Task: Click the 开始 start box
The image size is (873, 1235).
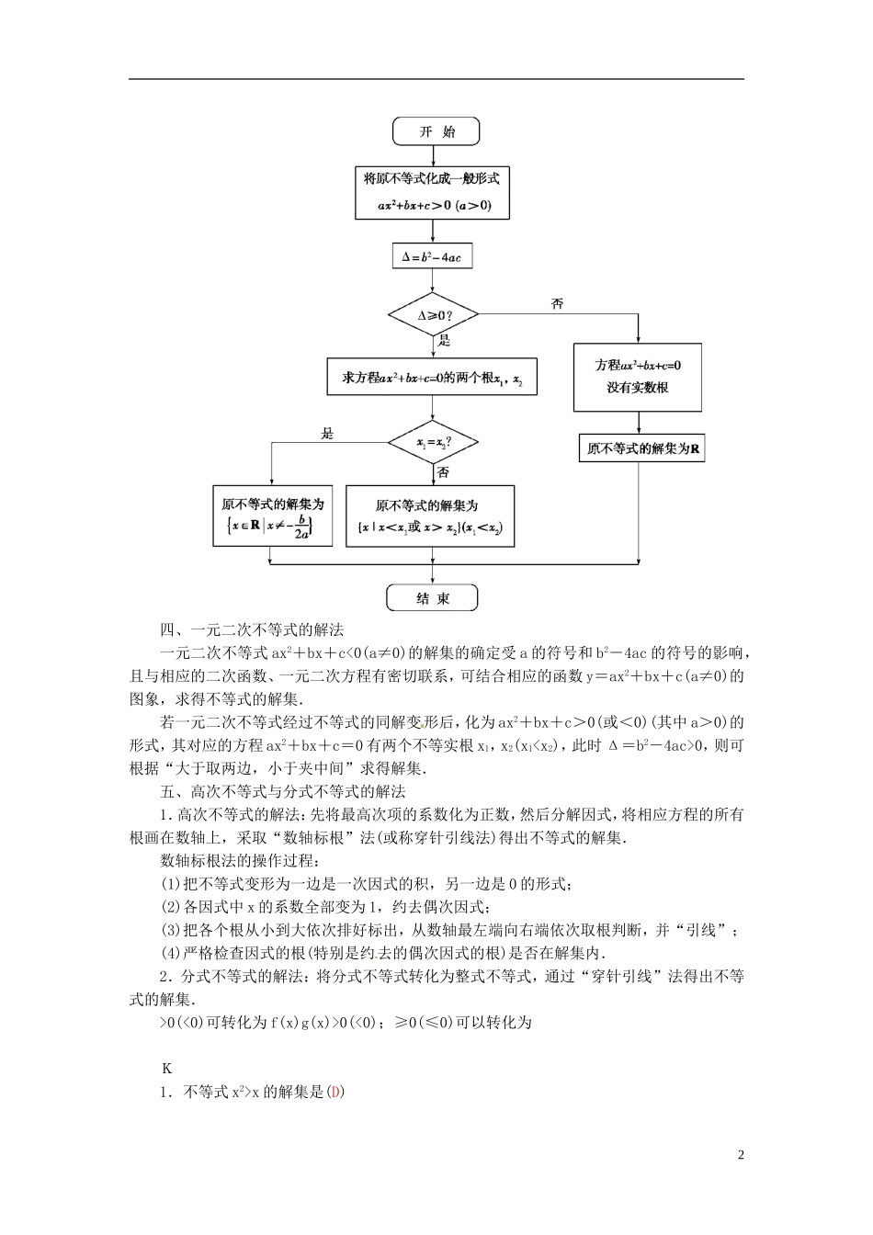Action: coord(436,131)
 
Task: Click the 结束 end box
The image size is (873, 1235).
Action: coord(433,598)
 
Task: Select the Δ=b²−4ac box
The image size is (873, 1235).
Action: coord(432,257)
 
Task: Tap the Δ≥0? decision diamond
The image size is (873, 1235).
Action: coord(434,315)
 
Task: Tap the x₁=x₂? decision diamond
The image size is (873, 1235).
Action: coord(433,443)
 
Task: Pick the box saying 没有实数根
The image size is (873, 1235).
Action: coord(637,377)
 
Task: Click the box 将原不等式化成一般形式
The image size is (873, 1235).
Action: coord(433,192)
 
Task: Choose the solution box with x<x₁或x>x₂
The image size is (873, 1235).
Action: coord(429,516)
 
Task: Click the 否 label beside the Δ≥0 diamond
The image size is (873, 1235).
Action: coord(557,303)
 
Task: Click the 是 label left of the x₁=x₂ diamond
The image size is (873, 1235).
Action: coord(328,434)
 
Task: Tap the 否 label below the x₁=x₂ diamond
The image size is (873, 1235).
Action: coord(444,472)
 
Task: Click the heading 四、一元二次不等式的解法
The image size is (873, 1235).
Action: coord(251,630)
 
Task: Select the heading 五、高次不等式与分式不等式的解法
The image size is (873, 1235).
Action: coord(282,791)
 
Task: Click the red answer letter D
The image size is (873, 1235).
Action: coord(335,1093)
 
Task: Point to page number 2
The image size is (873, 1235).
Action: coord(741,1155)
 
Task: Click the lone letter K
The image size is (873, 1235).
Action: coord(166,1069)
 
